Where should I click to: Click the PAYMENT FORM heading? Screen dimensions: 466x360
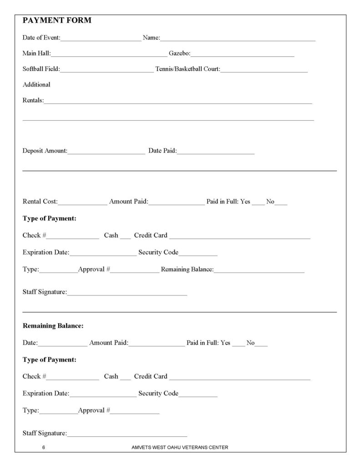(x=57, y=20)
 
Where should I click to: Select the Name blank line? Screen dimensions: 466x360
(x=237, y=40)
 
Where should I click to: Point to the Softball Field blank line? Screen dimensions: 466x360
(x=106, y=71)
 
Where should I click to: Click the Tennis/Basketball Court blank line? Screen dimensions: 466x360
(x=264, y=71)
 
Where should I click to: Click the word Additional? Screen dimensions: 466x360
(x=36, y=85)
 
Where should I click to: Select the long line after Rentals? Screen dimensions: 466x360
(x=178, y=102)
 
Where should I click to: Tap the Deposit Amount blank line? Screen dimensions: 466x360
(x=106, y=152)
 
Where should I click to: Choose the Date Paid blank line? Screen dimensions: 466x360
(x=215, y=152)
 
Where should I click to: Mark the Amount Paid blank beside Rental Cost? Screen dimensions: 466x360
(x=177, y=203)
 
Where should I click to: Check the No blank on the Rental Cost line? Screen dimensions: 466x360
(x=281, y=203)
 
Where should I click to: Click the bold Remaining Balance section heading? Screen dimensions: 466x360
(x=53, y=326)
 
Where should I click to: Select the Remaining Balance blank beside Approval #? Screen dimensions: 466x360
(x=259, y=272)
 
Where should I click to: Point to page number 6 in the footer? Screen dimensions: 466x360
(x=43, y=447)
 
